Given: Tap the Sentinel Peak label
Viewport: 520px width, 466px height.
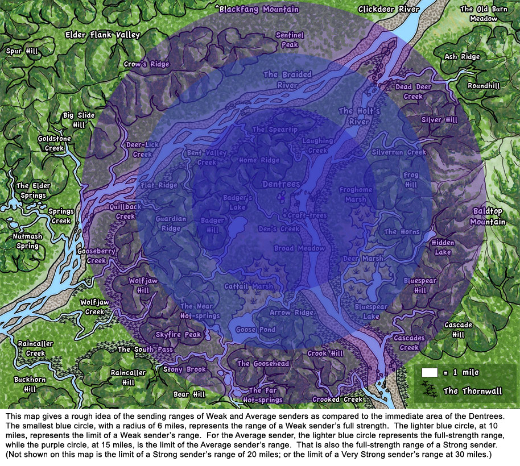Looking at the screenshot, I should coord(290,39).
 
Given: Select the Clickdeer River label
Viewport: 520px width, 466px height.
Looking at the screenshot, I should coord(389,9).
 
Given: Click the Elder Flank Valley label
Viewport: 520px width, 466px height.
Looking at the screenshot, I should coord(102,35).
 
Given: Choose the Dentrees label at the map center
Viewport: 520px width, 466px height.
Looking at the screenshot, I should coord(281,185).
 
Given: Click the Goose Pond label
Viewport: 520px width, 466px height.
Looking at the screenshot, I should coord(256,330).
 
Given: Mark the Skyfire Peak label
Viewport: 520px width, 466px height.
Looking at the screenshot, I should coord(179,335).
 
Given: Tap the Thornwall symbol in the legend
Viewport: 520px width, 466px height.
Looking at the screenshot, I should coord(430,390).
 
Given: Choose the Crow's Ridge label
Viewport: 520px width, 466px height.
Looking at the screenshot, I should coord(147,64).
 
